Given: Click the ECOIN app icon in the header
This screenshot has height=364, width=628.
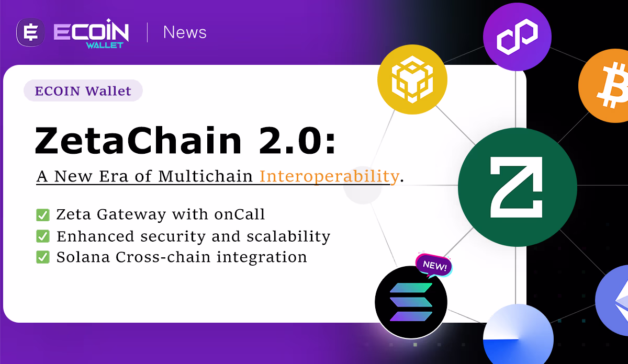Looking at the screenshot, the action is tap(30, 32).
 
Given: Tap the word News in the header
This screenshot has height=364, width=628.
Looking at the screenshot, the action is tap(185, 32).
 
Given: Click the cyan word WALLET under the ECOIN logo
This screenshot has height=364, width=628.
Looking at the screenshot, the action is tap(105, 45).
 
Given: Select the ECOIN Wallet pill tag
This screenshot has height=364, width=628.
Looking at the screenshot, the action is tap(83, 90).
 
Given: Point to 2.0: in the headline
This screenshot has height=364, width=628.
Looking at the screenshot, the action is tap(297, 140).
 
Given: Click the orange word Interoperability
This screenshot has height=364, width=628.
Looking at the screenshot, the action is tap(329, 177).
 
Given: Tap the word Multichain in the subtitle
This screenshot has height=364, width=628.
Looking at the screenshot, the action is tap(205, 176).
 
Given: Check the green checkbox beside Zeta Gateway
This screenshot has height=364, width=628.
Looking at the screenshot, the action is tap(43, 215).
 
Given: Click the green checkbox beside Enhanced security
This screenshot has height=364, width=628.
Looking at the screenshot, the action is tap(43, 236).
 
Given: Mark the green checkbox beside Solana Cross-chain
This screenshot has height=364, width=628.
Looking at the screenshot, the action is tap(43, 257).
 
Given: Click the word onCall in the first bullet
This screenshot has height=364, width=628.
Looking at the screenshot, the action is tap(240, 214).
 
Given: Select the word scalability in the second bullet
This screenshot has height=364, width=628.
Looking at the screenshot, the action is tap(288, 237).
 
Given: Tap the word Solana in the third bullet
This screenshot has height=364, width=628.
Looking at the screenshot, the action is tap(83, 257).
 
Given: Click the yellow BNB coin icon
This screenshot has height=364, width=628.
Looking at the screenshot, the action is tap(412, 79).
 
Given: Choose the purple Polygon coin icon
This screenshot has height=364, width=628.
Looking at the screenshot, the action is tap(517, 37).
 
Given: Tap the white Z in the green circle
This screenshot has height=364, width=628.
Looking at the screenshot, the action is tap(517, 187).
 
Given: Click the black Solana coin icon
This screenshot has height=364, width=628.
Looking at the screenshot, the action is tap(411, 302).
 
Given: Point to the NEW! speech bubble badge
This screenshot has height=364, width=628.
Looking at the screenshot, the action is tap(434, 265).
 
